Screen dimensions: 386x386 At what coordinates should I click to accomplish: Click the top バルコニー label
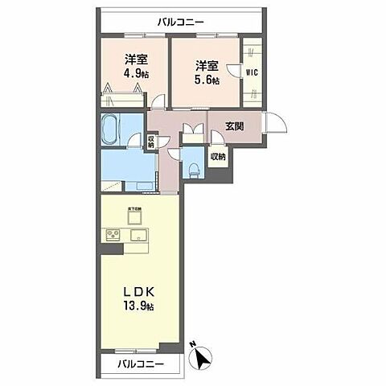coord(181,22)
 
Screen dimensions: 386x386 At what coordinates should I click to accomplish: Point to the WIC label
coord(252,70)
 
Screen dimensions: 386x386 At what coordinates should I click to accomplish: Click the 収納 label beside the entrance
coord(217,157)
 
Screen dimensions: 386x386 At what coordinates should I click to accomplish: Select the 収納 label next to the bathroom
coord(151,141)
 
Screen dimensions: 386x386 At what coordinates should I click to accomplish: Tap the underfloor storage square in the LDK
coord(133,216)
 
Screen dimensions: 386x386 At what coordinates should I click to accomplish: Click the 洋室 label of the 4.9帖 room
coord(136,60)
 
